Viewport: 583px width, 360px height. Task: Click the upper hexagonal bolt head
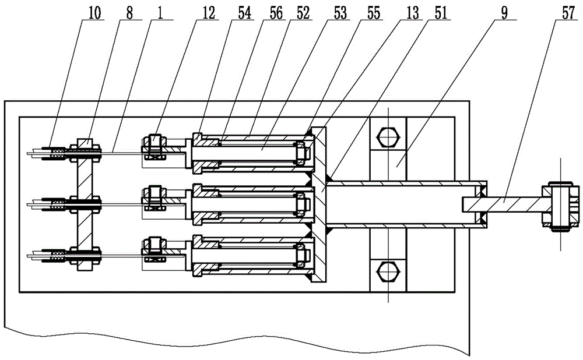click(x=388, y=137)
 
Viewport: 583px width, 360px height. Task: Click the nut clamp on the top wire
click(x=154, y=146)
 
